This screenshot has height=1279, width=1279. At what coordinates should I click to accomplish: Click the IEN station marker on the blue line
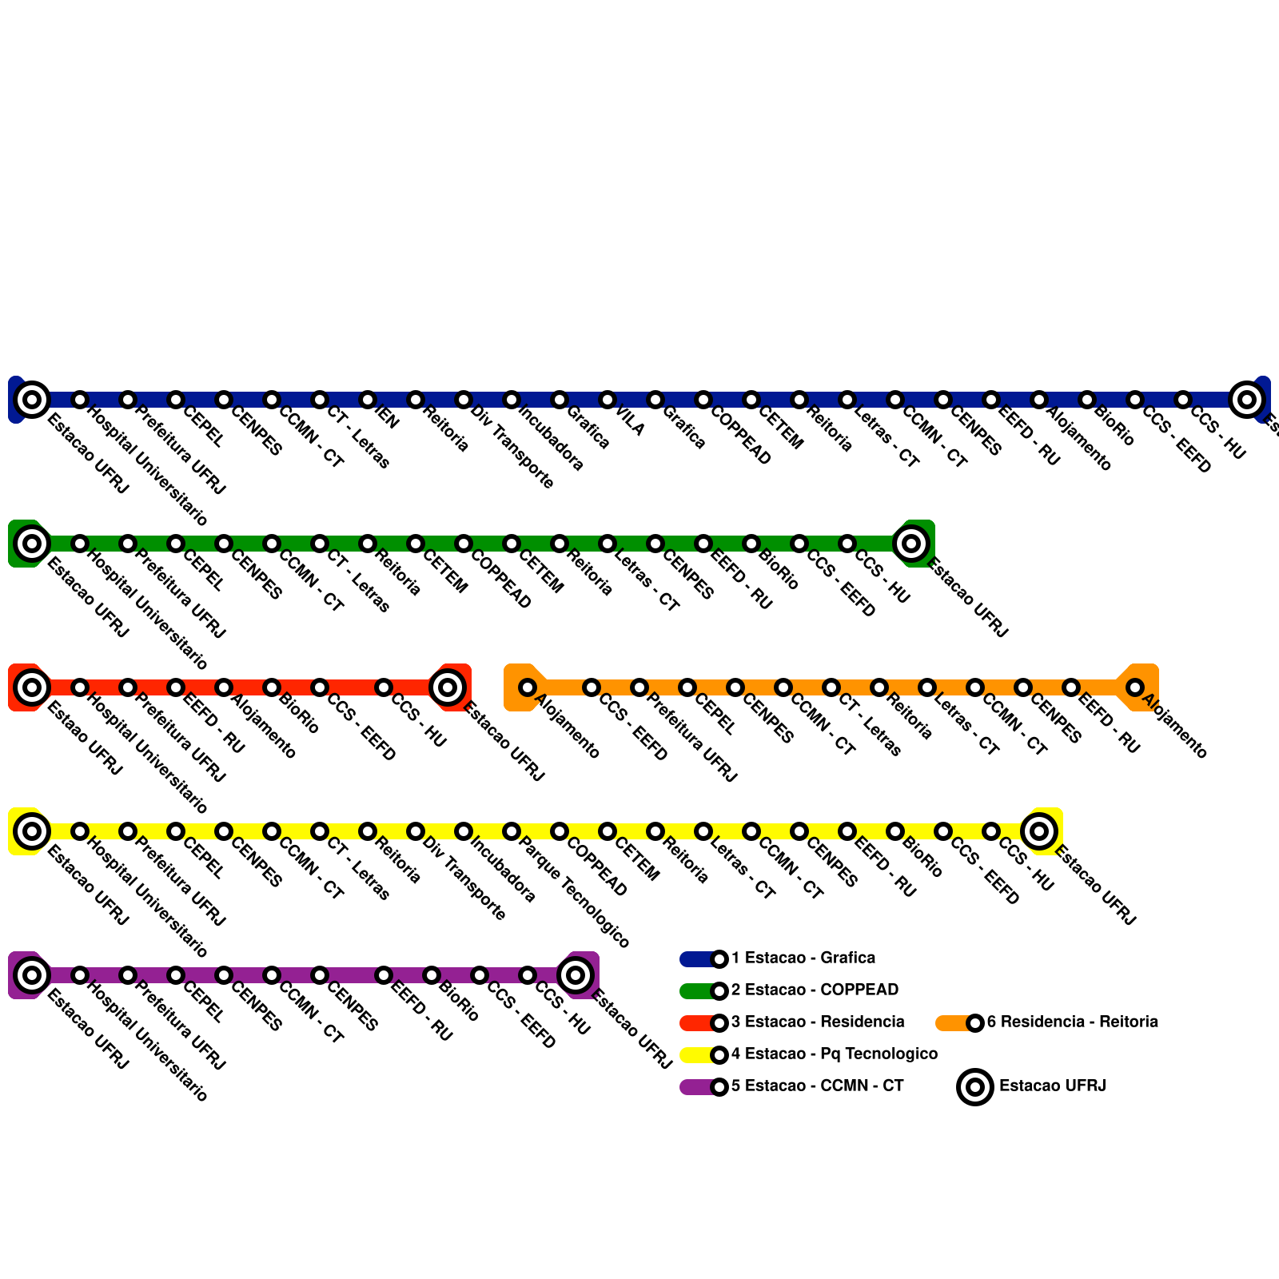tap(368, 400)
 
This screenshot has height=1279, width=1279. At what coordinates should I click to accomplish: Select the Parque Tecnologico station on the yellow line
tap(512, 831)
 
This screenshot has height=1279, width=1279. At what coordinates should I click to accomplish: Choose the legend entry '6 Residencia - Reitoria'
tap(1072, 1022)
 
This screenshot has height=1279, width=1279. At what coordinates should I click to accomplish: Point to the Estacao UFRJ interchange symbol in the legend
tap(975, 1087)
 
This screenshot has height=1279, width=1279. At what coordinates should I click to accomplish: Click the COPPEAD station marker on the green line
tap(464, 544)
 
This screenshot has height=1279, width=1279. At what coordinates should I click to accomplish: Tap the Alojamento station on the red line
tap(224, 687)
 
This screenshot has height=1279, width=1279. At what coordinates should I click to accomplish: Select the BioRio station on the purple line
tap(432, 975)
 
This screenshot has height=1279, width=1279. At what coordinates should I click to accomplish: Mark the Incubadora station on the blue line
tap(512, 400)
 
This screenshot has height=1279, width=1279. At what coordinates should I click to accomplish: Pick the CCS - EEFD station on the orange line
tap(592, 687)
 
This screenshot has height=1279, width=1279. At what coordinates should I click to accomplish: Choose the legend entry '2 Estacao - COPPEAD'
tap(815, 990)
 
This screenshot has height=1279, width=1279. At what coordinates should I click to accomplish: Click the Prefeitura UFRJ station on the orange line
tap(639, 687)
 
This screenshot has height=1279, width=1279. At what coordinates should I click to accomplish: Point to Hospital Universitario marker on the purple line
tap(80, 975)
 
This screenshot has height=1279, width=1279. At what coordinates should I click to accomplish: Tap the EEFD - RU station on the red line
tap(176, 687)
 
